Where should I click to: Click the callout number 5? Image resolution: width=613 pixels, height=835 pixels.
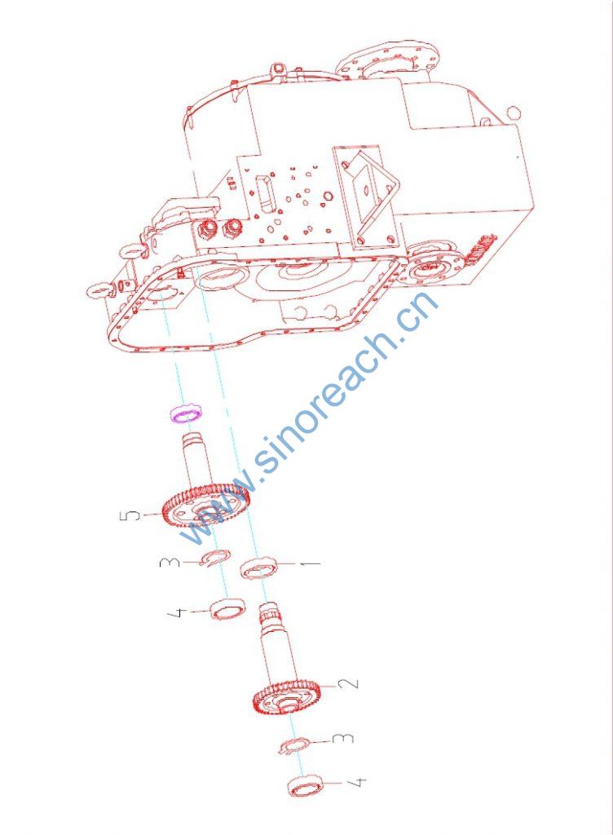(131, 515)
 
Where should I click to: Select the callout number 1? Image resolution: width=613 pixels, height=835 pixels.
(312, 563)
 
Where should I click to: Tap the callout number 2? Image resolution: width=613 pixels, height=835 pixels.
(350, 683)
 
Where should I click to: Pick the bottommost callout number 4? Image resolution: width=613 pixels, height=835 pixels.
(356, 782)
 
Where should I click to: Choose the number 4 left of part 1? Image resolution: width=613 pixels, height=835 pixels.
(177, 612)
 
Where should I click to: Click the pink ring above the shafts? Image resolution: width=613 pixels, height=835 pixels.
(186, 413)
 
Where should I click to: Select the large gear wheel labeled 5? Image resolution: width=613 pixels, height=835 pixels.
(205, 504)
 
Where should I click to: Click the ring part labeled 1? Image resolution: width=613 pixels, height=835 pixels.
(259, 568)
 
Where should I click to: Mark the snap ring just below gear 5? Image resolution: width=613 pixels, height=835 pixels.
(215, 558)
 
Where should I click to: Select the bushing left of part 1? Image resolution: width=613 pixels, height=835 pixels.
(227, 609)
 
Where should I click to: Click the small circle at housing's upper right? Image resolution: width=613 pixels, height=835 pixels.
(514, 113)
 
